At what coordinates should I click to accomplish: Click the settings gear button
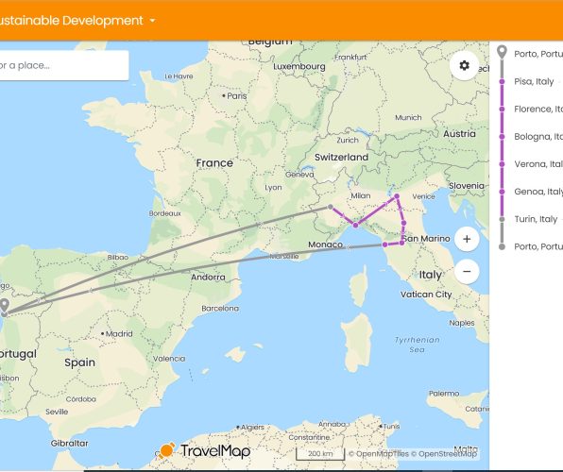tap(464, 65)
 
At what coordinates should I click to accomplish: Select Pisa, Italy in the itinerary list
tap(534, 82)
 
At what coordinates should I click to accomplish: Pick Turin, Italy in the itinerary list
tap(536, 219)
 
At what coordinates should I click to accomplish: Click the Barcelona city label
tap(218, 308)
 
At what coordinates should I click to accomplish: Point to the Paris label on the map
tap(236, 96)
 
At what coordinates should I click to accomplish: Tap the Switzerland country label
tap(342, 157)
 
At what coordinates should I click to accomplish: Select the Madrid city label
tap(118, 333)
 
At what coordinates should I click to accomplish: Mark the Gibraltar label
tap(69, 442)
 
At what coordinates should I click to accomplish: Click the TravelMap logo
tap(205, 451)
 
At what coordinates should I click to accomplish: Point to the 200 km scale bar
tap(319, 454)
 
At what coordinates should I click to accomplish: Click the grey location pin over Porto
tap(5, 306)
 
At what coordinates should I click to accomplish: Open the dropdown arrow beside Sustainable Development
tap(152, 21)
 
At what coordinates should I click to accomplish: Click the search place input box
tap(62, 65)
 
